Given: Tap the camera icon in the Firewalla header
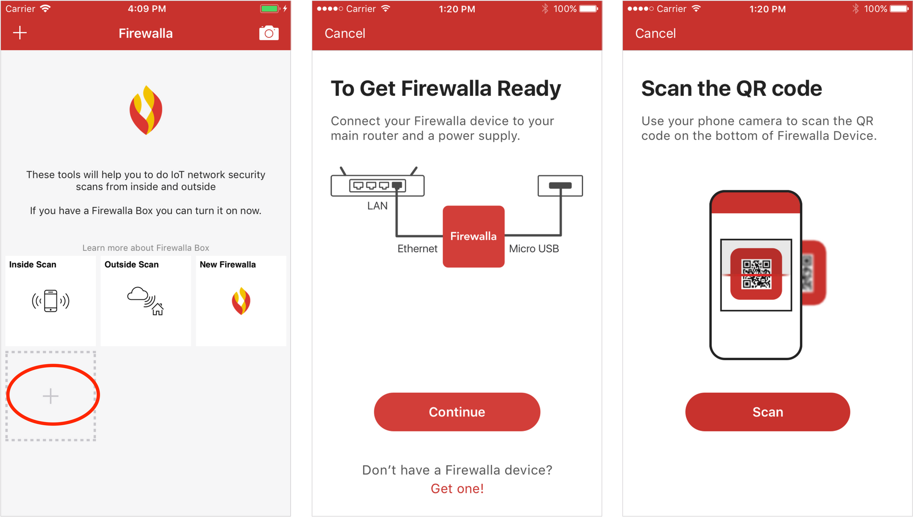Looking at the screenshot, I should [x=269, y=33].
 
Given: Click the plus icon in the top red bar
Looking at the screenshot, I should [x=20, y=33].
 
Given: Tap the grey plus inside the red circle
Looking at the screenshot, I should [x=50, y=396].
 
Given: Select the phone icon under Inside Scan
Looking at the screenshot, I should [x=50, y=301].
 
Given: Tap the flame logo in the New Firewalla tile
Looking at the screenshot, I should [x=241, y=301].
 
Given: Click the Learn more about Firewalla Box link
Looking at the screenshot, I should [x=146, y=248].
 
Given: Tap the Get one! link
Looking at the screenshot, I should [x=457, y=488].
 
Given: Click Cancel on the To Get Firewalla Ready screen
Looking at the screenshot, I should [x=345, y=33].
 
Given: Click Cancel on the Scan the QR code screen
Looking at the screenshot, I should [x=655, y=33].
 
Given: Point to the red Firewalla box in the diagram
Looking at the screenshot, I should [x=473, y=236].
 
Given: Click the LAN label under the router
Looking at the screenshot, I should [x=377, y=206].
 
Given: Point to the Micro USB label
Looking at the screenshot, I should [x=534, y=249].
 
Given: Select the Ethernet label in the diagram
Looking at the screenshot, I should [x=417, y=249].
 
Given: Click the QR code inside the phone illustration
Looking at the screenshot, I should [x=756, y=274].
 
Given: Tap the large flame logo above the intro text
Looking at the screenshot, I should [x=146, y=110].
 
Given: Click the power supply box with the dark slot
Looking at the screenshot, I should [x=560, y=185].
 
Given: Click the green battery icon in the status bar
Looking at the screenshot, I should [x=269, y=8].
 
